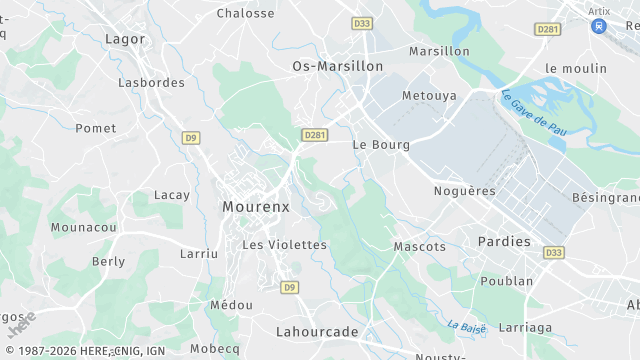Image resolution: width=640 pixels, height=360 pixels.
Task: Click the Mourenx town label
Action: (x=255, y=207)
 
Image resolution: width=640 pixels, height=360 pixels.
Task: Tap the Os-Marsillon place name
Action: (x=337, y=66)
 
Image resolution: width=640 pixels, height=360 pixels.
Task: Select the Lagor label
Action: (x=125, y=39)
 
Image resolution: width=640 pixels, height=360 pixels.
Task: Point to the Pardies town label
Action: (x=505, y=241)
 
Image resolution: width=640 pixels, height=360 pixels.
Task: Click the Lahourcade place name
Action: (x=316, y=330)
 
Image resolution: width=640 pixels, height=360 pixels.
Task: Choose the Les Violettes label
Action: (x=284, y=245)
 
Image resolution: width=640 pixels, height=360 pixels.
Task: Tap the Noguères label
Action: (x=464, y=191)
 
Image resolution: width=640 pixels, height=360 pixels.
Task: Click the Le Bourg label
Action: (x=381, y=145)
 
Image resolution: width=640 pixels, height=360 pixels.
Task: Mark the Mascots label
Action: (x=420, y=246)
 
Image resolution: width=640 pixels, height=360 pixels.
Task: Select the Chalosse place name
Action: (x=245, y=13)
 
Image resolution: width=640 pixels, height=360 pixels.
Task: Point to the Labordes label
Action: (x=151, y=83)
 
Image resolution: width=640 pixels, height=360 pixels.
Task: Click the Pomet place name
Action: (x=96, y=129)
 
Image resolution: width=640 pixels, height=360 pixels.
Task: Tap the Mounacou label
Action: (x=84, y=228)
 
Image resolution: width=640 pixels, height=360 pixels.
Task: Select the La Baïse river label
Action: (x=466, y=327)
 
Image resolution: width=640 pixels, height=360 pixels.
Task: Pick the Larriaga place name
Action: (x=524, y=327)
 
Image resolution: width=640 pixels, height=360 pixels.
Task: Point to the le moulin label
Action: (x=576, y=68)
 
